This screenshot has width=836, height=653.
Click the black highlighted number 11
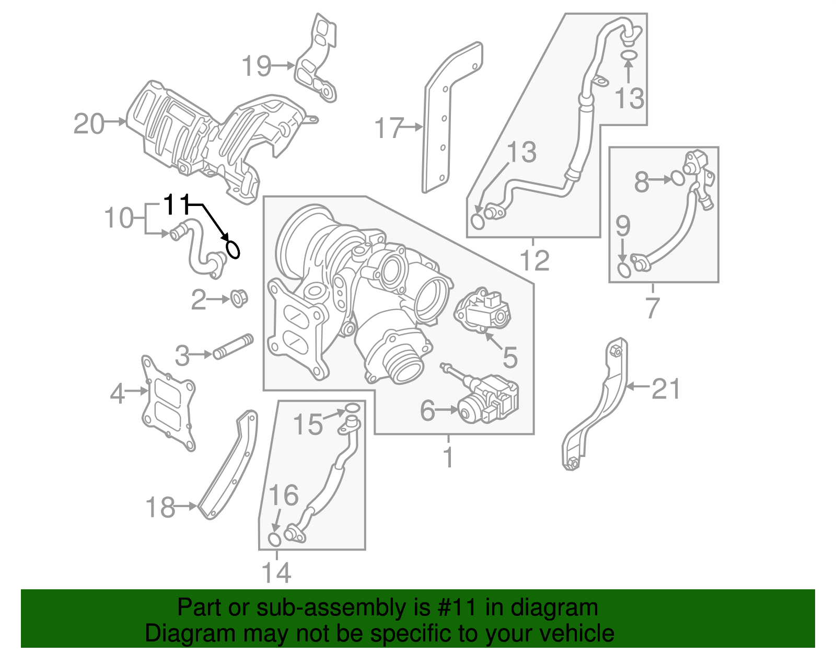[176, 204]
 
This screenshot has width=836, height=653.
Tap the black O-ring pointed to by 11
[233, 249]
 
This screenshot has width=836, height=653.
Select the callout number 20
[89, 124]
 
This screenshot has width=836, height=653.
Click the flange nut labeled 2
[239, 299]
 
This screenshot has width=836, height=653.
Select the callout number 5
[509, 357]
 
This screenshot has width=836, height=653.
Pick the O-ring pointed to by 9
[623, 270]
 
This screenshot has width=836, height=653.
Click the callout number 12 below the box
[535, 260]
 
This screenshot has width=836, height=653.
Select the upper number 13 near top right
[629, 98]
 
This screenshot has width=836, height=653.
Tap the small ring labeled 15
[352, 408]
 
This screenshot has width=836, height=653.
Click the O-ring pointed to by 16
[274, 539]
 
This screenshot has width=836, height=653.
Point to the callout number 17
[389, 128]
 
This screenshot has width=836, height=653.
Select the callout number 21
[666, 389]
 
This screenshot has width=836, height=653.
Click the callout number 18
[160, 507]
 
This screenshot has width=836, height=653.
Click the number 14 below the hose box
[276, 573]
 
